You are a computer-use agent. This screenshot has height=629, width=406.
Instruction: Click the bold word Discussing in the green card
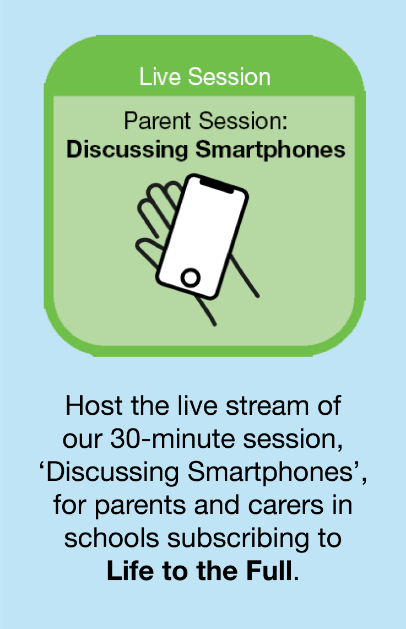pyautogui.click(x=127, y=150)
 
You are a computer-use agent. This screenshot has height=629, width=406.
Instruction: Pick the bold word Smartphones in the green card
pyautogui.click(x=270, y=150)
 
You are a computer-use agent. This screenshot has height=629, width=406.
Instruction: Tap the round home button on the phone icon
pyautogui.click(x=191, y=277)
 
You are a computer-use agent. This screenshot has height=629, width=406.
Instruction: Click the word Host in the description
pyautogui.click(x=94, y=405)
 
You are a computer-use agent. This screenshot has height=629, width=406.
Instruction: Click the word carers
pyautogui.click(x=286, y=506)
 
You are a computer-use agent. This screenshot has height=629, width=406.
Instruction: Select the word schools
pyautogui.click(x=111, y=538)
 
